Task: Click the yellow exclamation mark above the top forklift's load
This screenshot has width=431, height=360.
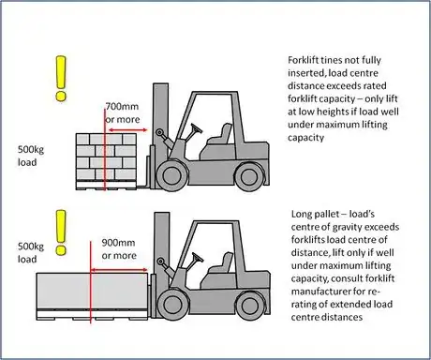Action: [61, 78]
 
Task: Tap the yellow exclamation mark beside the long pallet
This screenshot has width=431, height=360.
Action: [61, 232]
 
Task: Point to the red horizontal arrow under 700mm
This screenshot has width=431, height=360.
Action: [126, 129]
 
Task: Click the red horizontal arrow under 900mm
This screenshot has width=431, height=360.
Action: [119, 270]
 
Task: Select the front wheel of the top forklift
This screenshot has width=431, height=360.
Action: [171, 174]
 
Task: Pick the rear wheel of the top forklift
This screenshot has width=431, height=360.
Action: [249, 176]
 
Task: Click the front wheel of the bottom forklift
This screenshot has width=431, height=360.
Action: [172, 304]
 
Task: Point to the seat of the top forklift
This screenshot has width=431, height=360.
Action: [220, 135]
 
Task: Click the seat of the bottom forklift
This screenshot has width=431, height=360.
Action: [221, 264]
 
